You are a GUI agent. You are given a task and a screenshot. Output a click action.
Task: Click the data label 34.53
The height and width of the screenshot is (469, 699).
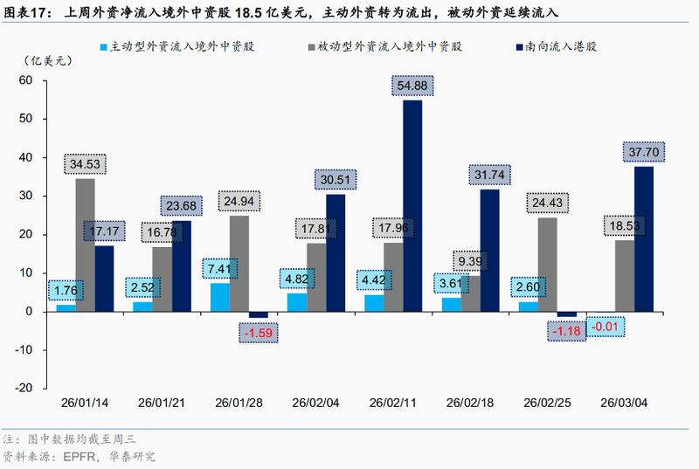coord(85,163)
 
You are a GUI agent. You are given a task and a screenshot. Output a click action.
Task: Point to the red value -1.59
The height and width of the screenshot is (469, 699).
coord(258,332)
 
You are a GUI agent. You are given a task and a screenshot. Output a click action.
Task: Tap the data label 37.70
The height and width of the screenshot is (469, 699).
coord(643,152)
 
